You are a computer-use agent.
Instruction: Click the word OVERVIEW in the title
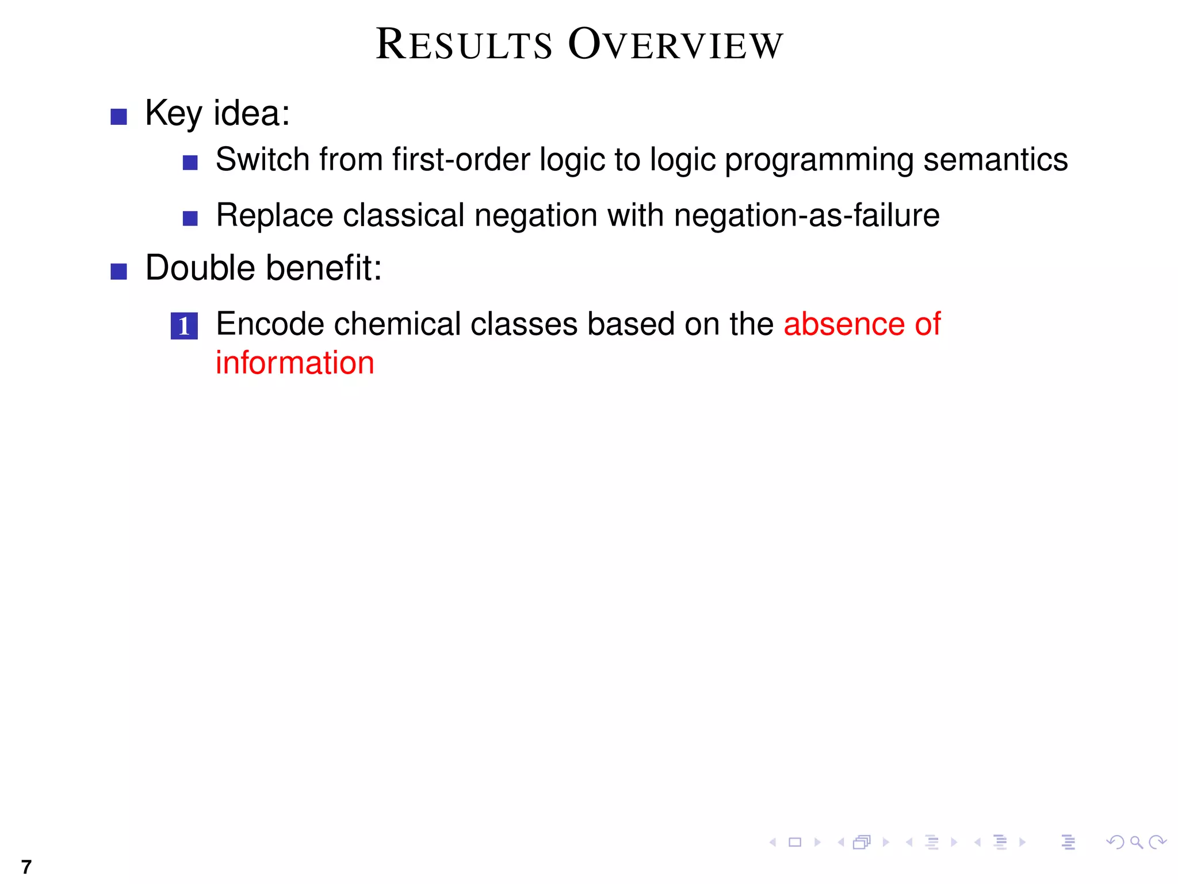pos(676,45)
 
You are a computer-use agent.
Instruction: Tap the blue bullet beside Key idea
pos(118,117)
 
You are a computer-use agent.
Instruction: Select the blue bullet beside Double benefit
pos(118,271)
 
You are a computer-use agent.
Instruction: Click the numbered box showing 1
pos(184,326)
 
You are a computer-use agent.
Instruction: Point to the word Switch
pos(262,159)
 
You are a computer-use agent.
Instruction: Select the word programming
pos(819,161)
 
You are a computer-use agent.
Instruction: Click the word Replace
pos(274,215)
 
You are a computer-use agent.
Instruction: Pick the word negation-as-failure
pos(806,215)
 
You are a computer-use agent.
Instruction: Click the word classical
pos(404,215)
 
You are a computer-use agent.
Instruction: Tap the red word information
pos(294,363)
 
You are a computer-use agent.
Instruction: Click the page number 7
pos(26,866)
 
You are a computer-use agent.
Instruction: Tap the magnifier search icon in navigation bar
pos(1136,843)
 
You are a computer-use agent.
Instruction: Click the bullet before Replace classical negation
pos(190,219)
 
